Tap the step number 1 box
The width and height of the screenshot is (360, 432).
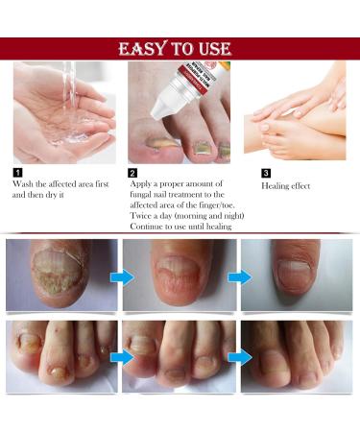click(16, 173)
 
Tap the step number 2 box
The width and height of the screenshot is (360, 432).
click(132, 173)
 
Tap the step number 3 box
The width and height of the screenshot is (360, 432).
click(267, 173)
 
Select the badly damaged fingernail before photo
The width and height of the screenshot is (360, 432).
click(60, 276)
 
